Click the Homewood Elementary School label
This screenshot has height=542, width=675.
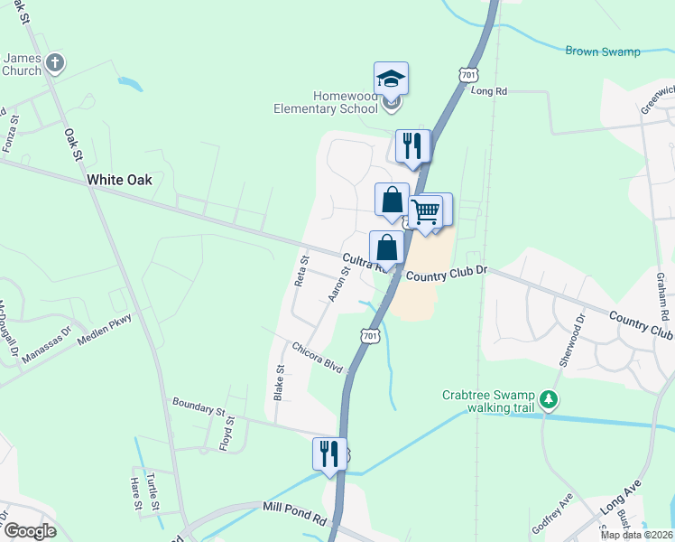326,102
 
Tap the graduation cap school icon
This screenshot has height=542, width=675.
391,79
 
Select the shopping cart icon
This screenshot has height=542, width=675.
425,212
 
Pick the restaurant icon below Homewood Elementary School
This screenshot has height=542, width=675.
411,145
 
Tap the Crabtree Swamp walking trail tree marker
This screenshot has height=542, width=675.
549,399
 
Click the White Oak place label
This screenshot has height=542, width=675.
119,180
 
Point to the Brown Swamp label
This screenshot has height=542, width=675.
603,51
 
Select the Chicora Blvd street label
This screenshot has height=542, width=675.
318,354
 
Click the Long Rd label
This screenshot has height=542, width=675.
489,90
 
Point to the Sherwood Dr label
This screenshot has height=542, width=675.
566,340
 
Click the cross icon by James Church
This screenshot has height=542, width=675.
55,63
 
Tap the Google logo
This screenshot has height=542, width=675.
29,531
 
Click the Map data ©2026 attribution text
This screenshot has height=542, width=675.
635,535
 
